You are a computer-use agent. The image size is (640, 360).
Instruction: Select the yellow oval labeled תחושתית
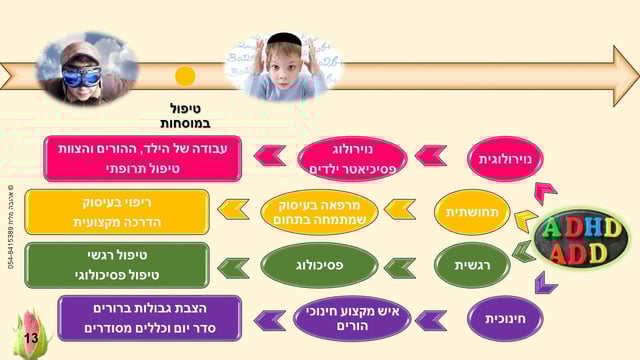click(472, 211)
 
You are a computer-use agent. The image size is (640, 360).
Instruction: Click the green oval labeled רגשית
click(472, 265)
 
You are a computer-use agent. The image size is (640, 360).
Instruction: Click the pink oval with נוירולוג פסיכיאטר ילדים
click(353, 158)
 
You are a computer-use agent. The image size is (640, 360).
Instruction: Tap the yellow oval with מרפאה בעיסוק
click(319, 211)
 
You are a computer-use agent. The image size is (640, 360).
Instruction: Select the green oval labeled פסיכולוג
click(319, 265)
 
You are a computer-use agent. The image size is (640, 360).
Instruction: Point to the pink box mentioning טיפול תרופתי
click(143, 158)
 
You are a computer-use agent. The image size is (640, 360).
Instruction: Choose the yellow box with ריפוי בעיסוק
click(116, 211)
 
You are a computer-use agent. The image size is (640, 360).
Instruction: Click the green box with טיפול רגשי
click(116, 265)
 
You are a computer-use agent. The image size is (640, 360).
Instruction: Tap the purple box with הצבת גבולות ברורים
click(149, 318)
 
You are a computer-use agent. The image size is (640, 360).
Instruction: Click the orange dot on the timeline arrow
click(184, 76)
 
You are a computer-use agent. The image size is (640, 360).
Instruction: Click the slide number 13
click(31, 340)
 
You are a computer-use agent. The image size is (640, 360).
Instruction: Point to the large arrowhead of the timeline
click(622, 76)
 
